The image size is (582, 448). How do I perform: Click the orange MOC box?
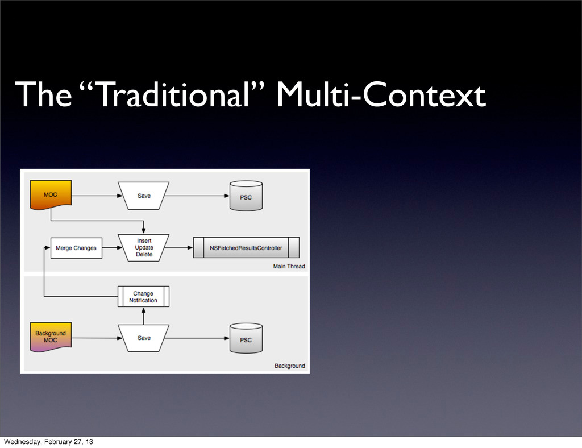pyautogui.click(x=51, y=195)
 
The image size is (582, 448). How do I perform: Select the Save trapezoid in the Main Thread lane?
pyautogui.click(x=144, y=196)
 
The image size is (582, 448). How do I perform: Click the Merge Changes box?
pyautogui.click(x=76, y=248)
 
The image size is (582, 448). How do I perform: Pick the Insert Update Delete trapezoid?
pyautogui.click(x=144, y=247)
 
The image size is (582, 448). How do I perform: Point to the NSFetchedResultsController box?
pyautogui.click(x=246, y=248)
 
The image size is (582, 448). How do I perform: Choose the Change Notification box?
pyautogui.click(x=144, y=297)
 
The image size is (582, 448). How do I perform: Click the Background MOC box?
pyautogui.click(x=51, y=337)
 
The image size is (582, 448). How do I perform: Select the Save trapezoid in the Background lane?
pyautogui.click(x=144, y=338)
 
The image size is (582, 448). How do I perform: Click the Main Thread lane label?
pyautogui.click(x=289, y=266)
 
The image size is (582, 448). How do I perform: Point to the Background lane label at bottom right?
pyautogui.click(x=290, y=366)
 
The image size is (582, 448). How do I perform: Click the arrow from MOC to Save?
pyautogui.click(x=95, y=196)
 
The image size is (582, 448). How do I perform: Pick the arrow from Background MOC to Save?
pyautogui.click(x=95, y=338)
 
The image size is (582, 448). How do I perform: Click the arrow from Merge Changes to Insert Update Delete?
pyautogui.click(x=110, y=248)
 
